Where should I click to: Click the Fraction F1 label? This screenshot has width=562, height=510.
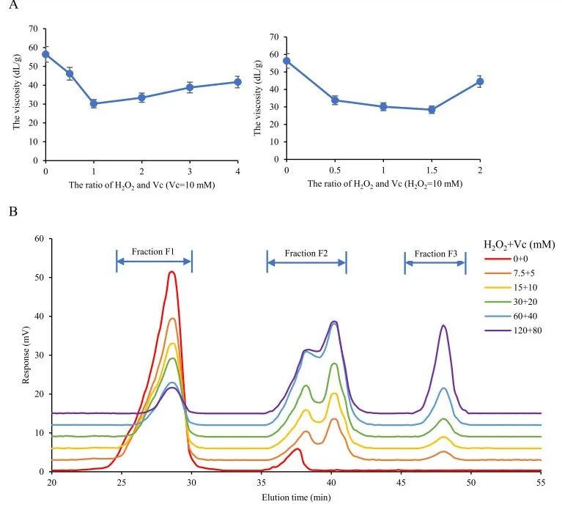pos(153,251)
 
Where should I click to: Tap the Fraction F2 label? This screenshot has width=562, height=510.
pos(306,253)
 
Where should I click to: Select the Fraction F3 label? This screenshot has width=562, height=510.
pos(435,254)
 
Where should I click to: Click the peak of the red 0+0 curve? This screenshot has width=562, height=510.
pos(171,272)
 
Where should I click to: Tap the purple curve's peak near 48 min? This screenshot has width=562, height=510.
pos(443,325)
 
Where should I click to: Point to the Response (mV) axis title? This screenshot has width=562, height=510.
pos(26,355)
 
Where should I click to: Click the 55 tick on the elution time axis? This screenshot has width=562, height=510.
pos(541,484)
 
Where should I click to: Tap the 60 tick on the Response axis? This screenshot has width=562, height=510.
pos(40,239)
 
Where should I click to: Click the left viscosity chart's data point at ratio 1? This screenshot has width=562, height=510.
pos(94,103)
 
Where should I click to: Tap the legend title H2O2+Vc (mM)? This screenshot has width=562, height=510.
pos(519,244)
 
